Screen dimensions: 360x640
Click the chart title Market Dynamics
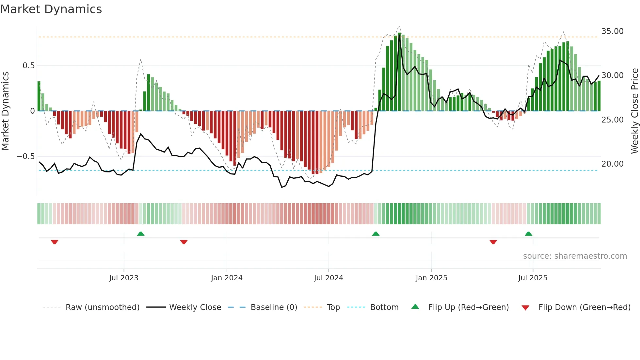pos(51,9)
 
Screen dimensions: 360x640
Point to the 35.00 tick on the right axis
pos(612,31)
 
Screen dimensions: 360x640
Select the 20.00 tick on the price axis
pos(612,164)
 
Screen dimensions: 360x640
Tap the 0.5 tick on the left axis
pos(28,66)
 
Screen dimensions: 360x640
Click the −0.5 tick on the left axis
pos(25,156)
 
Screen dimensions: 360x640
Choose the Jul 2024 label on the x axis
pos(328,278)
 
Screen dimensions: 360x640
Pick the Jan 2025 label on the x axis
pos(431,278)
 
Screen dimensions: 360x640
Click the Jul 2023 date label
pos(124,278)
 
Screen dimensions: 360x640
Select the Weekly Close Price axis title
pos(634,111)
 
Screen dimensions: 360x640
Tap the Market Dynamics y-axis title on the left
pos(5,111)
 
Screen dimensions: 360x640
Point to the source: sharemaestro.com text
pos(575,256)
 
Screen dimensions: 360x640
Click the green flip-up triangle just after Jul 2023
pos(141,234)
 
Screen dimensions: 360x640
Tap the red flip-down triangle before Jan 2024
pos(184,242)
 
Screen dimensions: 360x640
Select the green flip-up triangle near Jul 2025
pos(528,234)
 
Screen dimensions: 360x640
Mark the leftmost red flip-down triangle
pos(55,242)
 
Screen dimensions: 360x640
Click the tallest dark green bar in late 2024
pos(399,72)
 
